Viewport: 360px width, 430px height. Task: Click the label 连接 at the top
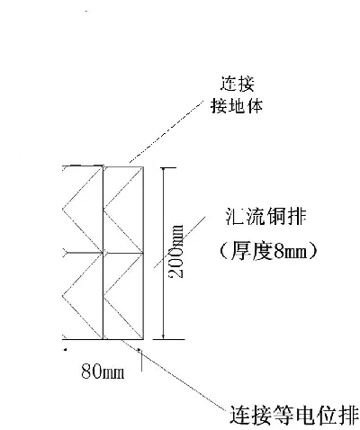click(x=238, y=84)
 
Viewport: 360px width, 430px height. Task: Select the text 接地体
click(x=237, y=106)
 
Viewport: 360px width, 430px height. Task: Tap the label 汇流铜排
click(x=265, y=217)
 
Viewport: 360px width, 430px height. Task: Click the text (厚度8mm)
click(x=268, y=250)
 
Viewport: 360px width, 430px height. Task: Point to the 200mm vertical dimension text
click(x=175, y=251)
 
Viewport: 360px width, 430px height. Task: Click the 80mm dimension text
click(x=103, y=372)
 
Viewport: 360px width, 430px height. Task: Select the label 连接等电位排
click(x=294, y=416)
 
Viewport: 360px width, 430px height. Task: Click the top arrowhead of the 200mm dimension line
click(x=163, y=170)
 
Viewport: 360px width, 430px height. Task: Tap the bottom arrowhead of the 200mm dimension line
click(x=163, y=336)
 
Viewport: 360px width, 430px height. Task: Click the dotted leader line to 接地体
click(x=166, y=131)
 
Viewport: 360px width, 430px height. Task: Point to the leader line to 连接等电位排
click(x=174, y=374)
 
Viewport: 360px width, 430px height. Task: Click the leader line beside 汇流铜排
click(x=180, y=242)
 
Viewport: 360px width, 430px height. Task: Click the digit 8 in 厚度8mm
click(x=279, y=251)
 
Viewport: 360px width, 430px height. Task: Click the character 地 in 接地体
click(x=237, y=106)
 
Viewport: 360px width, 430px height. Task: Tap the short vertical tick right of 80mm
click(x=141, y=361)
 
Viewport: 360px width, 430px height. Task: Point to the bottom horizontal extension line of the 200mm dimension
click(x=168, y=339)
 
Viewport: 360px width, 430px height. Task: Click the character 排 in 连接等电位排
click(x=348, y=416)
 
